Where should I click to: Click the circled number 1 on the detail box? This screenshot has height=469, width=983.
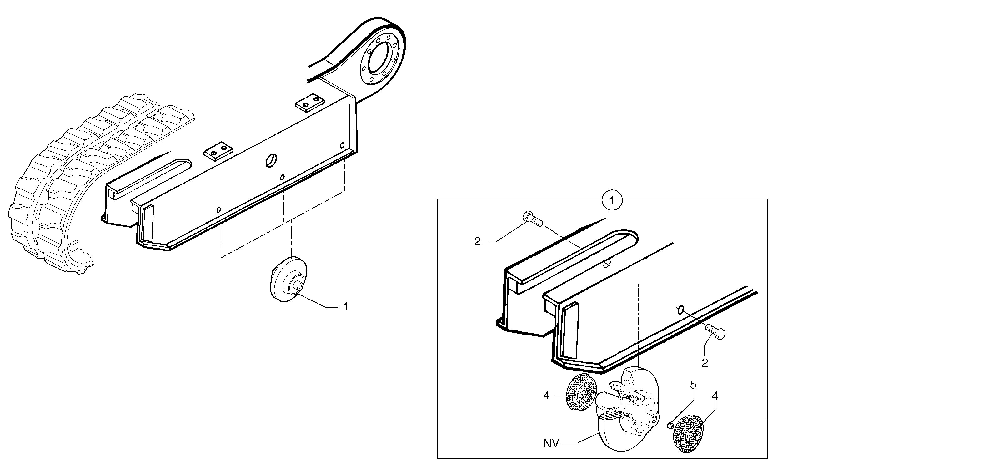click(612, 200)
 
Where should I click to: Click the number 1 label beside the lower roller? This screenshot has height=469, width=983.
click(345, 307)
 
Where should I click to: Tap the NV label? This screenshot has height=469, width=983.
click(551, 443)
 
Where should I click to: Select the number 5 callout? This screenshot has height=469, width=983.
click(693, 385)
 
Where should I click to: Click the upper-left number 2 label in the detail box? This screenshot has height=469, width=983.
click(477, 242)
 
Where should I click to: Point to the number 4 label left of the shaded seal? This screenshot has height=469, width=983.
click(546, 396)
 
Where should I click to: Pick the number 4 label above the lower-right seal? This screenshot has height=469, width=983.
click(715, 396)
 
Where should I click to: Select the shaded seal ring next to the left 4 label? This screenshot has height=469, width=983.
click(580, 397)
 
